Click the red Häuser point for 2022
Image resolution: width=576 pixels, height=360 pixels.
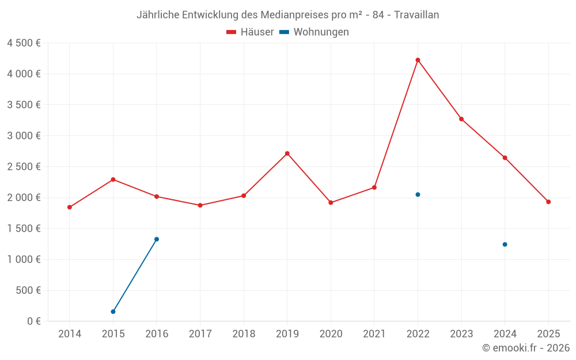tap(418, 60)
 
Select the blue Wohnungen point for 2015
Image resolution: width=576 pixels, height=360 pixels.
tap(113, 312)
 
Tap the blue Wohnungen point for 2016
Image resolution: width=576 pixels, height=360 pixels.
tap(157, 239)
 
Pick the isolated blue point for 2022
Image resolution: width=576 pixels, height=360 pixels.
tap(418, 195)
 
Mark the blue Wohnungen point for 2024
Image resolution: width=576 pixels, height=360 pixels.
tap(505, 244)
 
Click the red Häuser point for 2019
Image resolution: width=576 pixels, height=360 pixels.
tap(287, 153)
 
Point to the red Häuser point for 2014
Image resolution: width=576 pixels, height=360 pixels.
tap(70, 207)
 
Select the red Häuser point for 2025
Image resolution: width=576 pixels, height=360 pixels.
tap(548, 202)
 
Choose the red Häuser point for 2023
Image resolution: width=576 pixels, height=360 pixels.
tap(461, 119)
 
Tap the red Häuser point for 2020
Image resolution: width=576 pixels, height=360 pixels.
tap(331, 203)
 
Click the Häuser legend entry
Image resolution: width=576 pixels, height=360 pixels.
tap(250, 32)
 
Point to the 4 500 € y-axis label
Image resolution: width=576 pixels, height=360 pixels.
tap(24, 43)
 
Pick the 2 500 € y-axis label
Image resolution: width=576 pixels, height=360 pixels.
tap(24, 167)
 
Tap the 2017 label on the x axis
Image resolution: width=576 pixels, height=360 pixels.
tap(200, 334)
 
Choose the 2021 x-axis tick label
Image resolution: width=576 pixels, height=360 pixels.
tap(374, 334)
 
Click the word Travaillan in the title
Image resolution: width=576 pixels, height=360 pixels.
tap(416, 15)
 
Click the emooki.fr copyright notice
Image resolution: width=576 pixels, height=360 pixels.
tap(526, 348)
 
